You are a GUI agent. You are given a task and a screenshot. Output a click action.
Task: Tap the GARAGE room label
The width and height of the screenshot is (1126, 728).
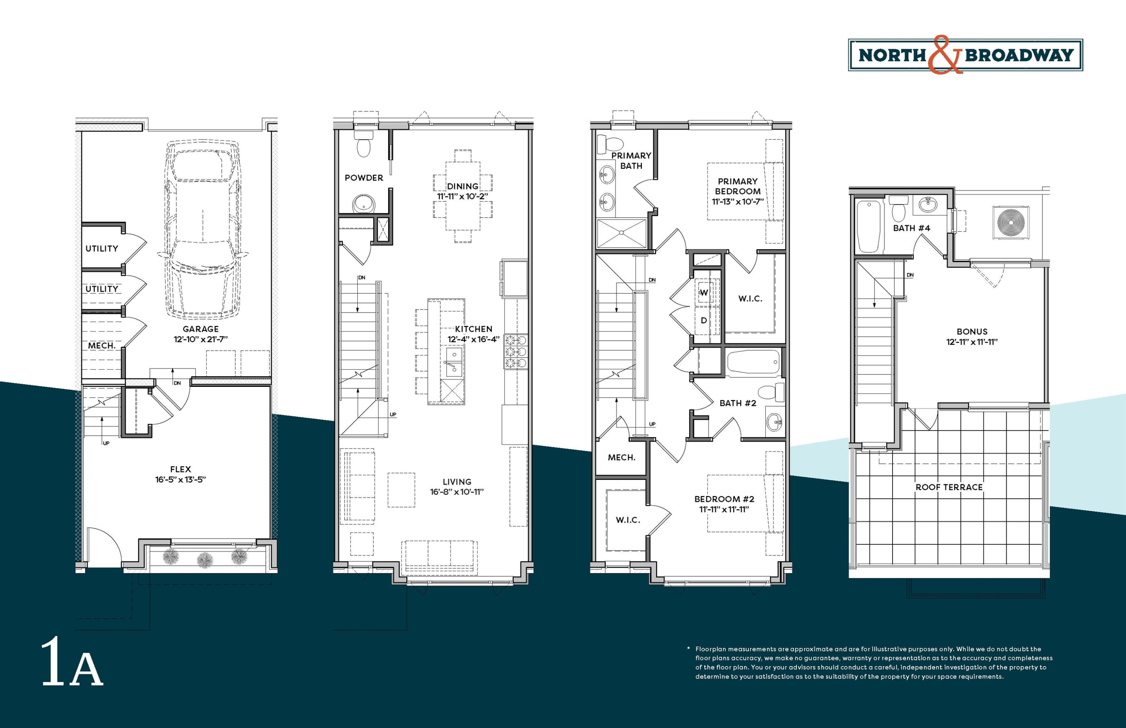200,329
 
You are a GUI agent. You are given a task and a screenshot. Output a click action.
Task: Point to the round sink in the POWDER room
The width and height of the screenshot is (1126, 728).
364,204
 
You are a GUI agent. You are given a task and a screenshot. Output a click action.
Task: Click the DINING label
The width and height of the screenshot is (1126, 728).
463,186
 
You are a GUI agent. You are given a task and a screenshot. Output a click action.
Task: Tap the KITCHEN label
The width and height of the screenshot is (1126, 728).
474,329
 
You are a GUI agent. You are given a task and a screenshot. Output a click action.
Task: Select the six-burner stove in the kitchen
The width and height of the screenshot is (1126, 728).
515,351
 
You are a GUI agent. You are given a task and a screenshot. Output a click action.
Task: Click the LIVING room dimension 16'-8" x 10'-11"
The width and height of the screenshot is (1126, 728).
457,492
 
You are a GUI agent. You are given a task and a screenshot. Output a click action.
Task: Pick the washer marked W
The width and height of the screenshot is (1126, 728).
704,293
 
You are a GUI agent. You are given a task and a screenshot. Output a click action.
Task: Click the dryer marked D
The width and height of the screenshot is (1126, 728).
704,320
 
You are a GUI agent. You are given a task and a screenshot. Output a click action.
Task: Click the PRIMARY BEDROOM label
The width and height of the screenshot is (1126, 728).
738,186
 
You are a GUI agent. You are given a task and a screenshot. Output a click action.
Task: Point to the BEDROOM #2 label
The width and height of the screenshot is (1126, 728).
724,499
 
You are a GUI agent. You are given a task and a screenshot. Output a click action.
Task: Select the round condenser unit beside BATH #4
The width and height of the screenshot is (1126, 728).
1011,222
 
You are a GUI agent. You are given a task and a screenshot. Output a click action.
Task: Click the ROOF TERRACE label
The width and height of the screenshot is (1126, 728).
949,487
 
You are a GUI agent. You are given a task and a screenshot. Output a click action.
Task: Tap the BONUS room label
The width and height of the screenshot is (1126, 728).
972,332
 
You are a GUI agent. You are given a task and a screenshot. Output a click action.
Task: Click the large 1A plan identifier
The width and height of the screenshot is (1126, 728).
72,663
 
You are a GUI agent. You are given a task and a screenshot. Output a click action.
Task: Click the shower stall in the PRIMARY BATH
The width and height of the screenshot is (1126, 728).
621,233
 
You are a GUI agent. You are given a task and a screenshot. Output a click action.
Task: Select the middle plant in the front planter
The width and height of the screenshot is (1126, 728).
205,560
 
